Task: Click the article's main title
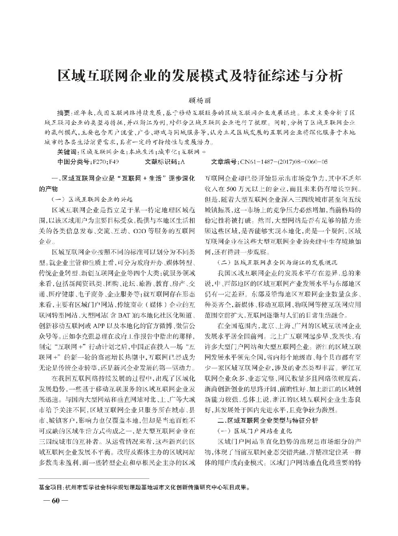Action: click(x=199, y=76)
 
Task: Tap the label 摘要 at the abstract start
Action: click(x=63, y=112)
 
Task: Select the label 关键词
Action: click(x=67, y=152)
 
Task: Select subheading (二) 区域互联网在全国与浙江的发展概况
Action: click(x=278, y=262)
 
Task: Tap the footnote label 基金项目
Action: click(x=51, y=486)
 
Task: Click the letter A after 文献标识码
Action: click(x=182, y=162)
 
